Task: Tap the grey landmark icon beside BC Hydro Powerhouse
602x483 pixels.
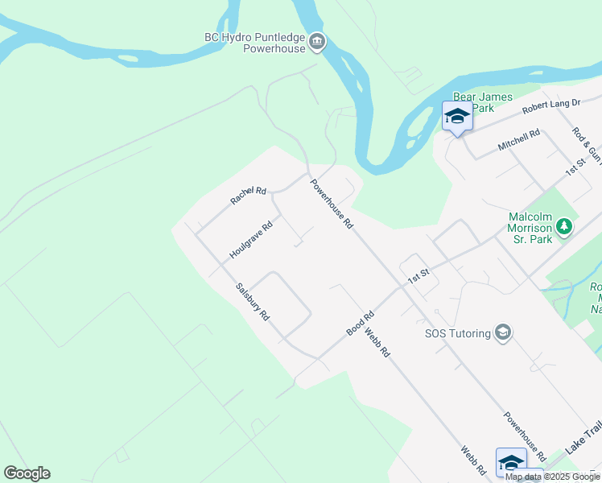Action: pyautogui.click(x=317, y=42)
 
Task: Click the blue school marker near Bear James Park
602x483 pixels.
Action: pyautogui.click(x=457, y=117)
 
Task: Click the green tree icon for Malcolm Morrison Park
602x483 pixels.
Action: pyautogui.click(x=565, y=227)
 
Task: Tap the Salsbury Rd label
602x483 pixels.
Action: pyautogui.click(x=252, y=302)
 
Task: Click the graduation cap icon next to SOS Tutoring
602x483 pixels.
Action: pyautogui.click(x=503, y=332)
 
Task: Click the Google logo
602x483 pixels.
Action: pyautogui.click(x=27, y=473)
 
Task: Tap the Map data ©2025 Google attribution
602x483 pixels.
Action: pyautogui.click(x=553, y=477)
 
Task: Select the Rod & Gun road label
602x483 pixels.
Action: pyautogui.click(x=587, y=145)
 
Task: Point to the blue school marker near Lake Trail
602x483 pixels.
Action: pyautogui.click(x=511, y=462)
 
